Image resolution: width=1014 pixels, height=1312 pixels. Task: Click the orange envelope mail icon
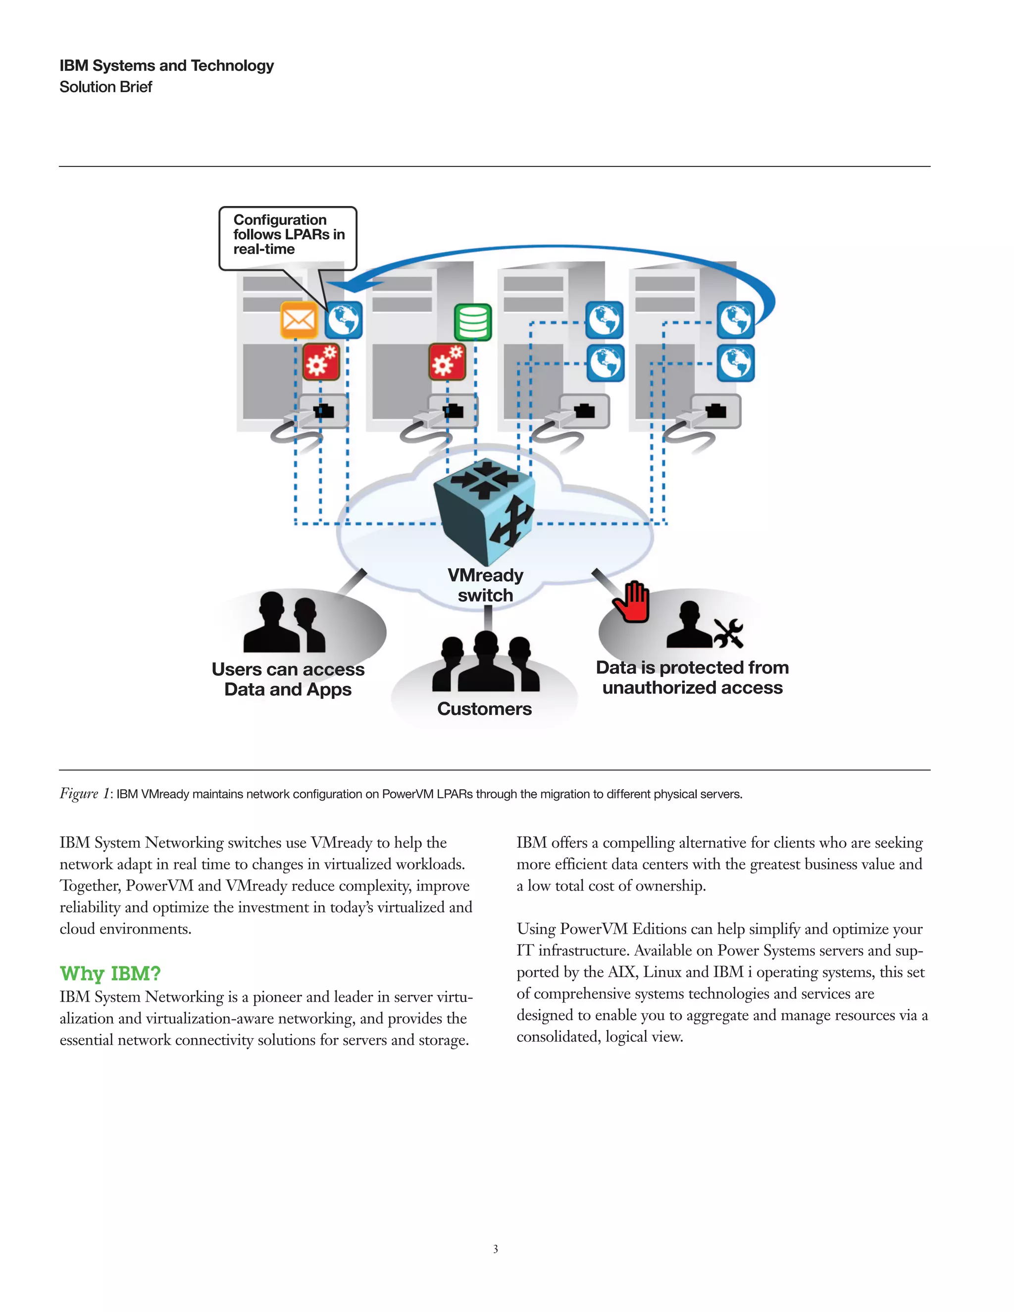pyautogui.click(x=299, y=320)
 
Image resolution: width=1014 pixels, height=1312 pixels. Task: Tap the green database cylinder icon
pyautogui.click(x=473, y=322)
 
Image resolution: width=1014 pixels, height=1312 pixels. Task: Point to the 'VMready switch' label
pyautogui.click(x=485, y=585)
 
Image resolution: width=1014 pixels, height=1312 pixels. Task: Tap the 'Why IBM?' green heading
pyautogui.click(x=110, y=973)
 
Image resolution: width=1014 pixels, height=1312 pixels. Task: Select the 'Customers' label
pyautogui.click(x=484, y=709)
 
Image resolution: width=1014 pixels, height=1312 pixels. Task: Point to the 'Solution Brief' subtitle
pyautogui.click(x=106, y=87)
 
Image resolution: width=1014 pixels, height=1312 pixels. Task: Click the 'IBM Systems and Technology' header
pyautogui.click(x=166, y=65)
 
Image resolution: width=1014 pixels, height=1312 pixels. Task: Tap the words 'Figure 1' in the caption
pyautogui.click(x=84, y=794)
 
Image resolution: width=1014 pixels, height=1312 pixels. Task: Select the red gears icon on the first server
pyautogui.click(x=321, y=361)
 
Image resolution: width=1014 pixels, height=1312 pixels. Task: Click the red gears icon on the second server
pyautogui.click(x=448, y=361)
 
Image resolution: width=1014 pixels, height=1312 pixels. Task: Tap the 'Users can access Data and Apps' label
pyautogui.click(x=288, y=679)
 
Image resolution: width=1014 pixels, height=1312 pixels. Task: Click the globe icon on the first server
pyautogui.click(x=344, y=320)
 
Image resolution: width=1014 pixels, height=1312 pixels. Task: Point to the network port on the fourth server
pyautogui.click(x=715, y=411)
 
